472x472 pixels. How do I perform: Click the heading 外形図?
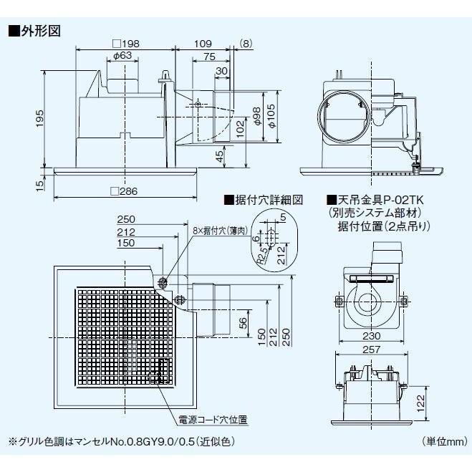(40, 31)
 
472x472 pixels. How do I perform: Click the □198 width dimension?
(126, 44)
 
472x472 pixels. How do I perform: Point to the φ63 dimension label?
(122, 55)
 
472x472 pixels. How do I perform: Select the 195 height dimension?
(39, 118)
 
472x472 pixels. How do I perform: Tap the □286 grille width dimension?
(124, 191)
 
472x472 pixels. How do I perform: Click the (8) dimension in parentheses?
(246, 44)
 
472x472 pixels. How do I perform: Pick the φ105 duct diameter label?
(271, 116)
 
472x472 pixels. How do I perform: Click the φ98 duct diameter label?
(256, 116)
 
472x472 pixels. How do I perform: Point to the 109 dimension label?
(203, 44)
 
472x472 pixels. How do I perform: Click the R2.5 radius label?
(262, 256)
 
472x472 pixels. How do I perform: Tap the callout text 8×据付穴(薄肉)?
(221, 231)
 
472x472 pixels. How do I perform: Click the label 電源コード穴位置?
(213, 420)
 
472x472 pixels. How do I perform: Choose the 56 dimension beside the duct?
(243, 323)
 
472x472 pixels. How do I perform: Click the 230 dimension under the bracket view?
(372, 336)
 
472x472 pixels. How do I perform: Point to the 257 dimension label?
(372, 350)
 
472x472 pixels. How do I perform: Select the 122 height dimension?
(420, 403)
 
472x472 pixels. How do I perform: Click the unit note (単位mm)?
(445, 442)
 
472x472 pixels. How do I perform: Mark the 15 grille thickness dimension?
(39, 183)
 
